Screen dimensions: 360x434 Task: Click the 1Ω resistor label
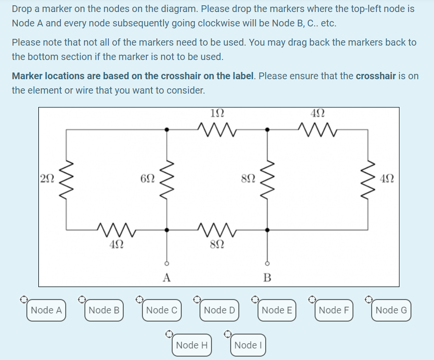point(217,114)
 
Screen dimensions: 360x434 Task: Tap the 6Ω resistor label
point(148,178)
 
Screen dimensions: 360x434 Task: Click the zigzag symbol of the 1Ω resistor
point(217,129)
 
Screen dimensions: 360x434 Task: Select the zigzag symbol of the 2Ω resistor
point(66,179)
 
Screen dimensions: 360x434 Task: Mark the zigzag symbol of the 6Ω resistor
point(167,179)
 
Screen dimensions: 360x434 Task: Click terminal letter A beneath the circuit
point(166,277)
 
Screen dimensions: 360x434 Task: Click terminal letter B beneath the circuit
point(267,277)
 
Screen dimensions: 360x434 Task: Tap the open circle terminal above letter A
point(167,264)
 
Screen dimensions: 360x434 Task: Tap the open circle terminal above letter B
point(268,264)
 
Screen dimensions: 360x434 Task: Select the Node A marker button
point(46,310)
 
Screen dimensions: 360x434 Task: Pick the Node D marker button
point(219,310)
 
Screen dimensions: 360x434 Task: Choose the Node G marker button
point(391,310)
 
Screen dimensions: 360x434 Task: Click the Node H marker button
point(192,345)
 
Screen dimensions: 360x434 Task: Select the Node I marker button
point(246,345)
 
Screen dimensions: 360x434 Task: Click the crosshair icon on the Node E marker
point(255,300)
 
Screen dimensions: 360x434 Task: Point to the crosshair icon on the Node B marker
point(82,300)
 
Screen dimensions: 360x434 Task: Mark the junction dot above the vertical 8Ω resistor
point(268,129)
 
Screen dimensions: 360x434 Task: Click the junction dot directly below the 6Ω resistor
point(167,230)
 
